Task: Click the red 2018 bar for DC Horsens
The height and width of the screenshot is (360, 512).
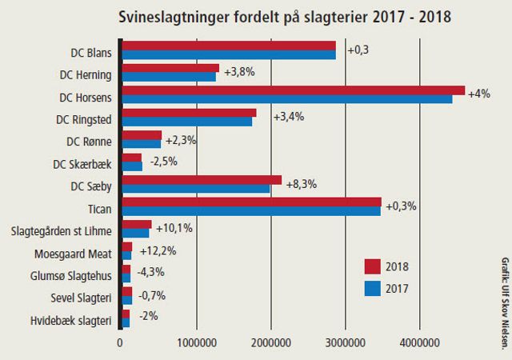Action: [x=292, y=90]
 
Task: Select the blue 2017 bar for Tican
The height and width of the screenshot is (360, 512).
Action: [x=250, y=210]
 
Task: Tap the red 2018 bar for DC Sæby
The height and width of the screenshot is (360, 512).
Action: [x=201, y=179]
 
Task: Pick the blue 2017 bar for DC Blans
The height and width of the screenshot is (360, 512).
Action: [x=228, y=55]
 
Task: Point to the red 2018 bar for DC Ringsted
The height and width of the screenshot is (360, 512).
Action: [x=188, y=113]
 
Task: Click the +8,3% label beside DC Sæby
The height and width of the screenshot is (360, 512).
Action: [x=301, y=184]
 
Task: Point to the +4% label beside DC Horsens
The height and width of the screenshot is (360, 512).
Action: [x=478, y=94]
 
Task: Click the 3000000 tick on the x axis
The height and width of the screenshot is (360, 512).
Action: [x=346, y=342]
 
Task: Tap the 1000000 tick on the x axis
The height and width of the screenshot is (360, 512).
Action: [x=195, y=342]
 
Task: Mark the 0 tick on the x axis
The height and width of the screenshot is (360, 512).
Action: [x=120, y=342]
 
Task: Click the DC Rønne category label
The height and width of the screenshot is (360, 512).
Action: [x=90, y=141]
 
